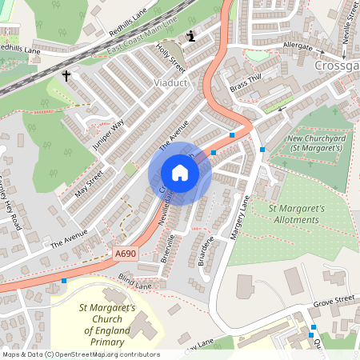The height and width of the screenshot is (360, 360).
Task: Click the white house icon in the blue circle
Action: [180, 173]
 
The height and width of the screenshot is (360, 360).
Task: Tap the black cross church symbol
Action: [66, 77]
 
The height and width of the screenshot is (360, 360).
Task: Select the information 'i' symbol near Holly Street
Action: [190, 36]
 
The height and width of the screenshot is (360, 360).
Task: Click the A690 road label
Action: [125, 254]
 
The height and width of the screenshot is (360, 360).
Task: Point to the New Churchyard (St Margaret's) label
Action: [306, 143]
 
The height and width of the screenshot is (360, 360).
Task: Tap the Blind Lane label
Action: [134, 283]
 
